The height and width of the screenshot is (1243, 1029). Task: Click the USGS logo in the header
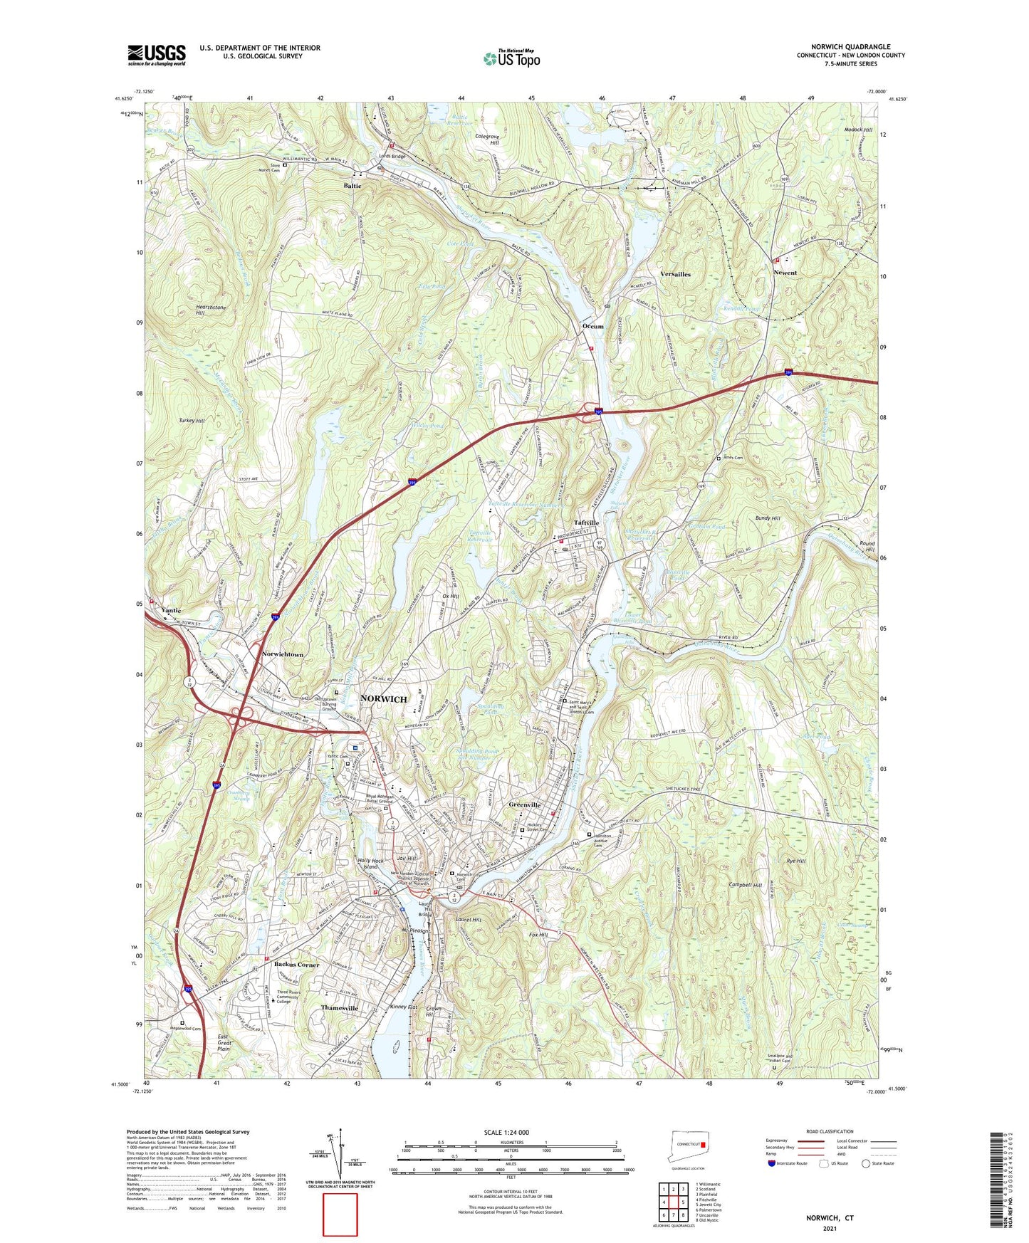[x=157, y=55]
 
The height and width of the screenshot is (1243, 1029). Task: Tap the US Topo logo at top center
[x=511, y=58]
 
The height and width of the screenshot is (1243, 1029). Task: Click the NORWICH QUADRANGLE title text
[x=850, y=47]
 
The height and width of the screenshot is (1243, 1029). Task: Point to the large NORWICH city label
[x=384, y=698]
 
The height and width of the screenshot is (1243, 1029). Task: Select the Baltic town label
[x=352, y=186]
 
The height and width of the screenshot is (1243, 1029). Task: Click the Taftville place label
[x=586, y=523]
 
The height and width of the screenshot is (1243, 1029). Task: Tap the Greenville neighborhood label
[x=526, y=804]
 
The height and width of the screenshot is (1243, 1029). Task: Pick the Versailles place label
[x=675, y=274]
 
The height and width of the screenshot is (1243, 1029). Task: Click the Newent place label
[x=785, y=273]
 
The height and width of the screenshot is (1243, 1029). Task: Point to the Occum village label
[x=593, y=327]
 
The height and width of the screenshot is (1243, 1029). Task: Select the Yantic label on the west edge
[x=171, y=610]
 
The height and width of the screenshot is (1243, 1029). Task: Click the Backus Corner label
[x=297, y=964]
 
